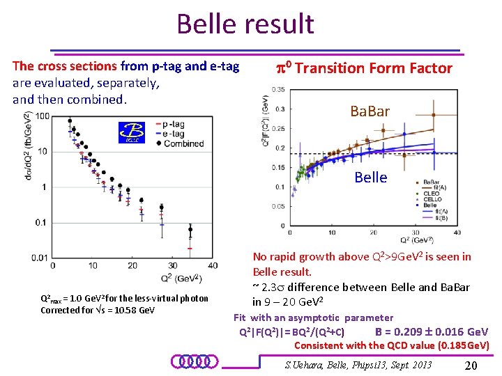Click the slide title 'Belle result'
point(245,24)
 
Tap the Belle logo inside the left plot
point(130,132)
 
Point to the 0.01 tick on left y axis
point(40,258)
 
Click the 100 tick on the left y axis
point(43,116)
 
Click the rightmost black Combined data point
point(190,229)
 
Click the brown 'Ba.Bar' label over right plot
point(370,111)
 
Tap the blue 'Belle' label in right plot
point(370,177)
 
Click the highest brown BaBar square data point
point(434,115)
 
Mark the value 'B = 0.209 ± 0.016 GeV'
point(432,331)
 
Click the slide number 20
point(471,366)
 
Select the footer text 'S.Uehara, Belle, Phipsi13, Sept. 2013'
point(359,365)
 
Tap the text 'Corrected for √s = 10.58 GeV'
point(98,310)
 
